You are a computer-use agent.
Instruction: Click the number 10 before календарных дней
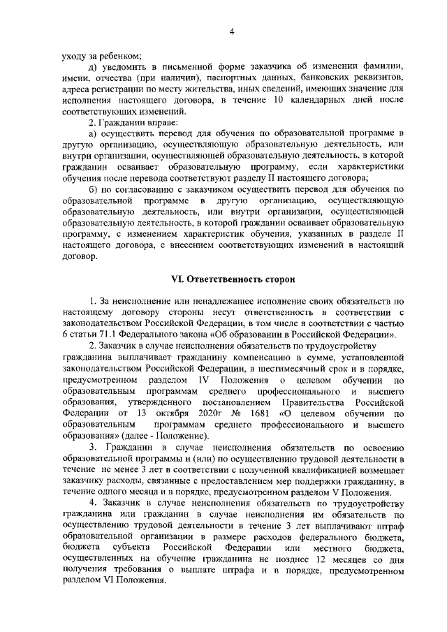point(279,101)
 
